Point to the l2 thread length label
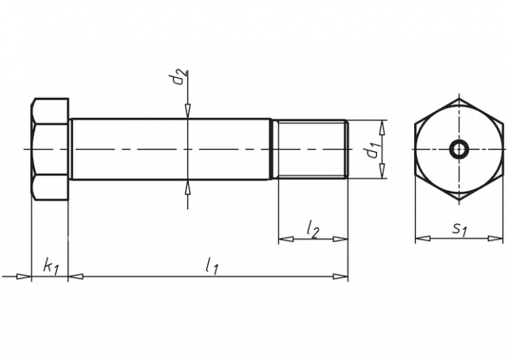[313, 229]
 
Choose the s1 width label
[460, 230]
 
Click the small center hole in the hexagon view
[458, 150]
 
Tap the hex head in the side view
[50, 149]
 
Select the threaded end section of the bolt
[310, 149]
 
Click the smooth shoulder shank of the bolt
[170, 149]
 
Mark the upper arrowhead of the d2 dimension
[187, 111]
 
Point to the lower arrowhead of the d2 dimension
[187, 187]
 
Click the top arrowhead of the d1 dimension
[383, 127]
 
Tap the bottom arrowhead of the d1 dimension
[383, 171]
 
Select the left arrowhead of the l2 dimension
[286, 239]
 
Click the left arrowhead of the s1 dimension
[423, 238]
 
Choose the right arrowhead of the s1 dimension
[495, 238]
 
